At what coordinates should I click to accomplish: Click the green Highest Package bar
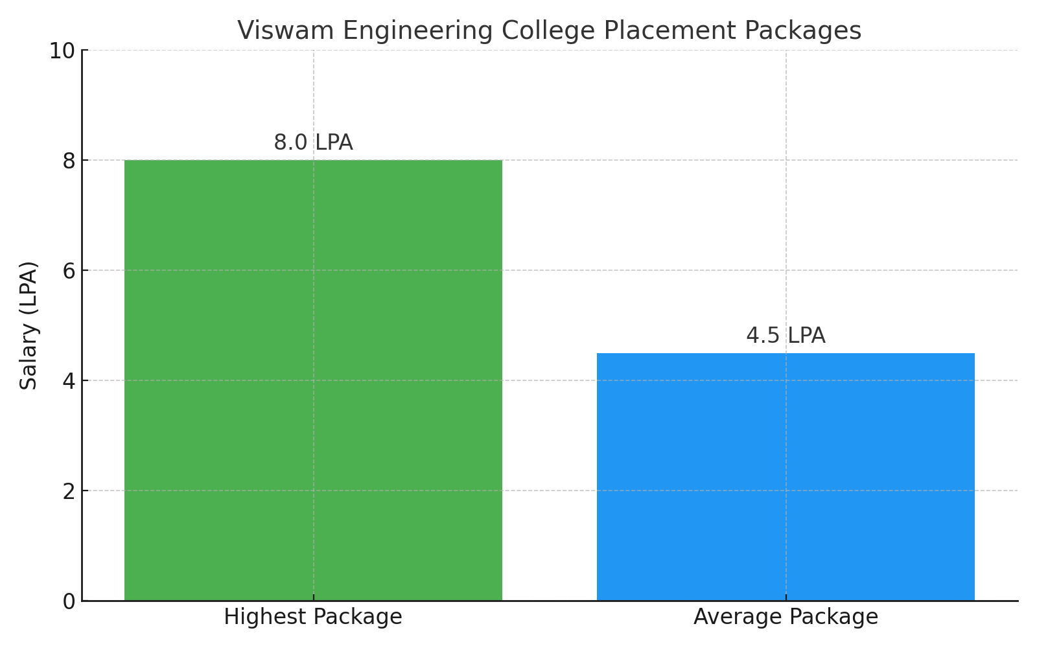313,380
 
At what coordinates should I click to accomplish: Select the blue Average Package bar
786,477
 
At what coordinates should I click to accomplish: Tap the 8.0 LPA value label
313,143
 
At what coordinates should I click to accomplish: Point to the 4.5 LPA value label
786,336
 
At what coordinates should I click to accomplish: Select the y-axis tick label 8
69,161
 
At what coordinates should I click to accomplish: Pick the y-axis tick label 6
69,271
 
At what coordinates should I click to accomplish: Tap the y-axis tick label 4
69,381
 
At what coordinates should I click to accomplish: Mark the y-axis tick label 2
69,491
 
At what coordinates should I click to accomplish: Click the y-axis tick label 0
69,601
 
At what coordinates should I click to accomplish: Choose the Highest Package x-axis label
313,617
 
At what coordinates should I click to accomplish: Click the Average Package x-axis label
786,617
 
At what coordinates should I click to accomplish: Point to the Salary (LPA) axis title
29,325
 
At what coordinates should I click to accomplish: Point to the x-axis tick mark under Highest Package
314,597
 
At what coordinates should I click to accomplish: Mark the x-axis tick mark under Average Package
786,597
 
